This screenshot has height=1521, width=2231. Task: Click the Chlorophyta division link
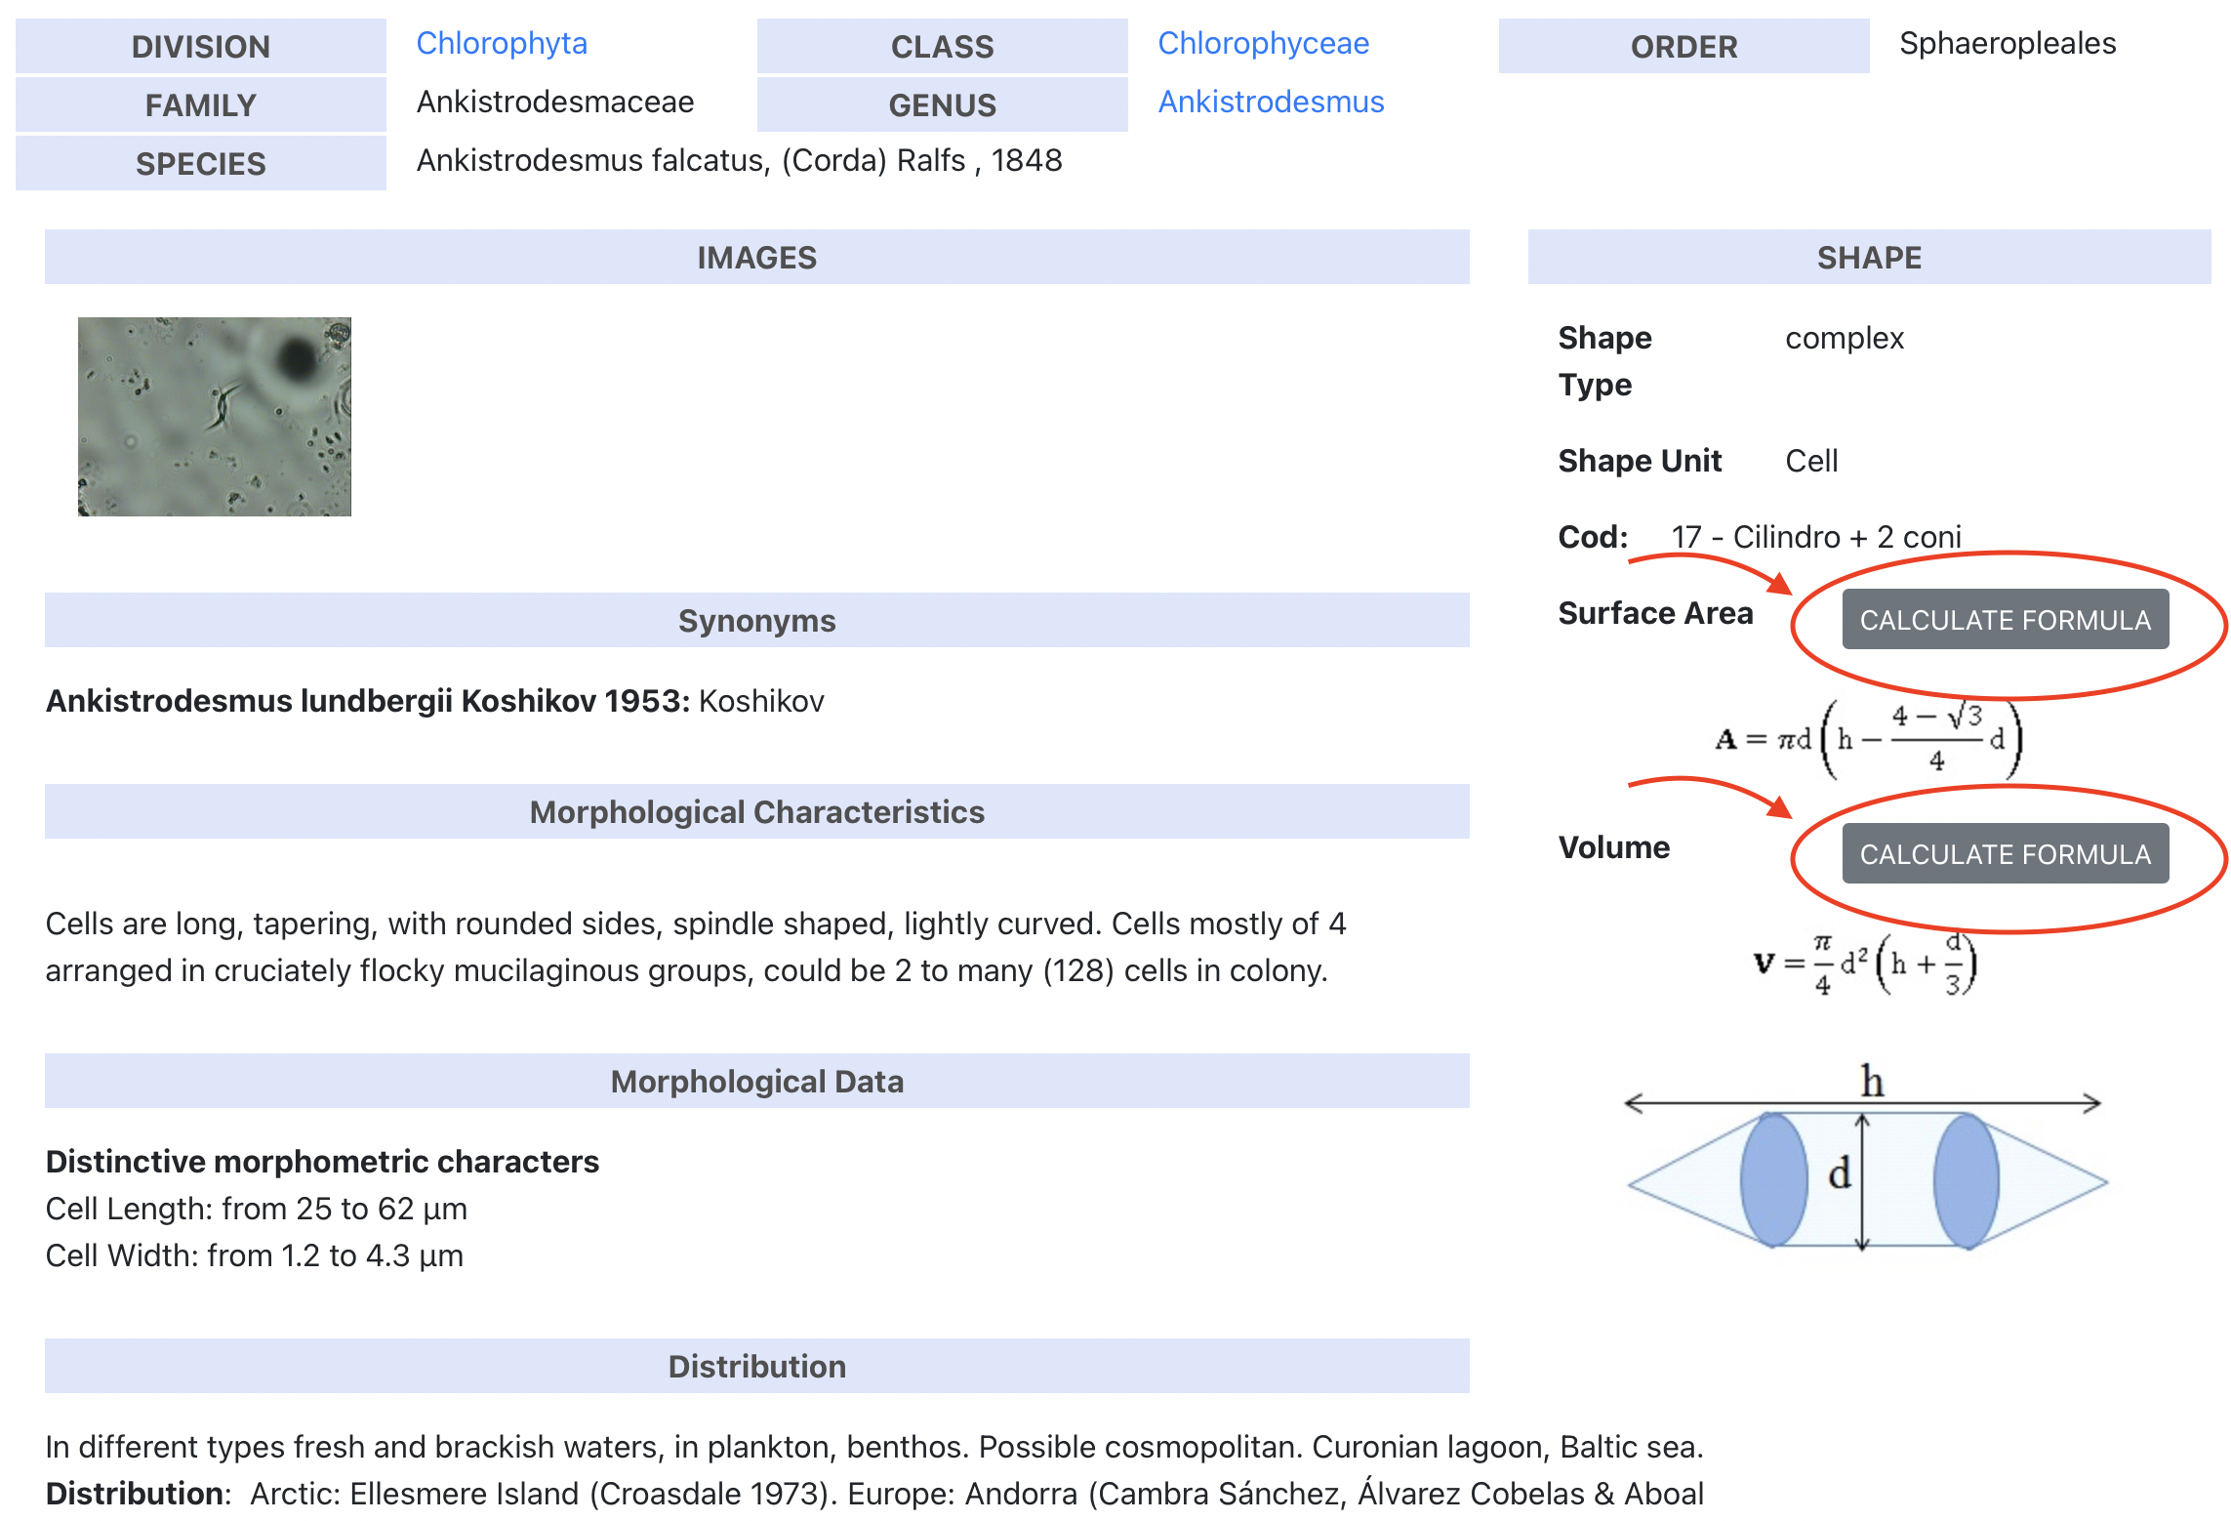click(x=502, y=44)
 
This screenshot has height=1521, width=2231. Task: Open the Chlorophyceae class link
click(x=1263, y=44)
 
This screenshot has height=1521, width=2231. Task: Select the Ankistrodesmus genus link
click(x=1271, y=103)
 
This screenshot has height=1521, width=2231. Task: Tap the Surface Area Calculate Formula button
click(x=2005, y=620)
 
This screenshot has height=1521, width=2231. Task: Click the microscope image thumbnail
click(x=215, y=417)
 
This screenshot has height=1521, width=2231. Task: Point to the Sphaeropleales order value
click(x=2008, y=44)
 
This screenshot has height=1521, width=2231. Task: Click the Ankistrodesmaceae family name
click(x=555, y=103)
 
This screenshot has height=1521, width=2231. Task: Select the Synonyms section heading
click(x=757, y=621)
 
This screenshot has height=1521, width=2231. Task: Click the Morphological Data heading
click(x=757, y=1082)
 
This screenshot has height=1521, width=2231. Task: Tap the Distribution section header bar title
click(x=757, y=1367)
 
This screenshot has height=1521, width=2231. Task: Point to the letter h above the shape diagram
click(x=1872, y=1081)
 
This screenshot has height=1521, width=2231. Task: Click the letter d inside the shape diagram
click(x=1840, y=1172)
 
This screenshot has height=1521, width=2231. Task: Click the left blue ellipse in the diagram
click(x=1774, y=1180)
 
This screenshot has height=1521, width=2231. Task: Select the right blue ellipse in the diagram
click(x=1967, y=1180)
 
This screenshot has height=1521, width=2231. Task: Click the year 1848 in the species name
click(x=1027, y=161)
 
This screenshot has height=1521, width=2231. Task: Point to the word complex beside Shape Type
click(x=1845, y=339)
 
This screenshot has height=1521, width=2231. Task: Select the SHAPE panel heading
click(x=1869, y=258)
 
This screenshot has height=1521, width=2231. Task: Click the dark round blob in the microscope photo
click(x=297, y=359)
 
